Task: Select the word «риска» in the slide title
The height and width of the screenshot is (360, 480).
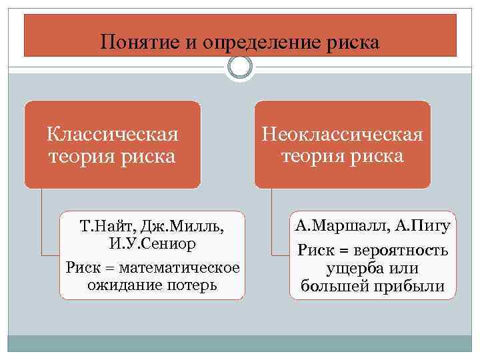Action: (x=351, y=43)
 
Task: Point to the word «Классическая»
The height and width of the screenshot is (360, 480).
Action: (x=112, y=135)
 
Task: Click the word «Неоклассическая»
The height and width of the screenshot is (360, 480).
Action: (x=342, y=135)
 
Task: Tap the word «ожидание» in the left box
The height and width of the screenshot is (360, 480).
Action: (x=117, y=285)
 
